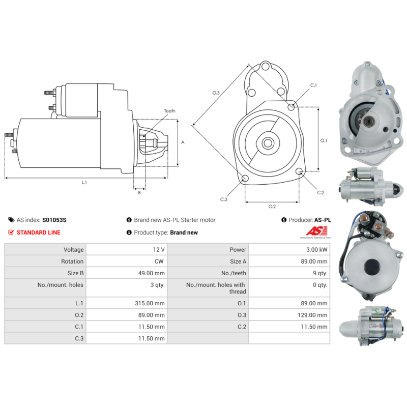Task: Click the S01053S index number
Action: (54, 220)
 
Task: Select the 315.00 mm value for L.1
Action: (152, 303)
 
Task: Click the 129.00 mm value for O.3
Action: (315, 315)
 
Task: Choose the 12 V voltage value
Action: (159, 250)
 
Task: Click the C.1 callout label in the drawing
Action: (313, 85)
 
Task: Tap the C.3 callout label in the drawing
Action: (223, 199)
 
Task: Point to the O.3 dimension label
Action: (216, 93)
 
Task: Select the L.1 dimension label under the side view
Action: (84, 182)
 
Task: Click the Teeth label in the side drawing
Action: (169, 111)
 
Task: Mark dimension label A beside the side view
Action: (183, 142)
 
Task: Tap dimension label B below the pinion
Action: (139, 192)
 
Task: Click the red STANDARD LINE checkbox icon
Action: (11, 232)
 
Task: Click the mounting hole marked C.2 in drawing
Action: (299, 171)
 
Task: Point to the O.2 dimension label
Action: (272, 206)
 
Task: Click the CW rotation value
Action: (159, 261)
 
